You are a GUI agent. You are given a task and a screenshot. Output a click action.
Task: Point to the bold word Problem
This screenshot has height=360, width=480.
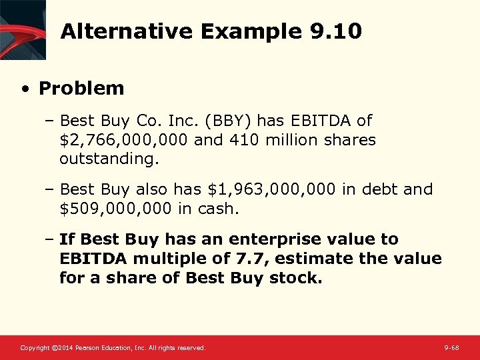81,88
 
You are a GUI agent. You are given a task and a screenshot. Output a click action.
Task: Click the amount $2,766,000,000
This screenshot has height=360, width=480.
124,141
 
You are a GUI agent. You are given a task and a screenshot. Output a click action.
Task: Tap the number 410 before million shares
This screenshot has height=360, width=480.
240,141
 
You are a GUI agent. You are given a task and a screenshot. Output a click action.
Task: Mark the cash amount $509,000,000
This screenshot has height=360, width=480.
116,209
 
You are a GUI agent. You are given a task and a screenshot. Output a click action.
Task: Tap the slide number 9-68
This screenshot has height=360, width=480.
451,348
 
